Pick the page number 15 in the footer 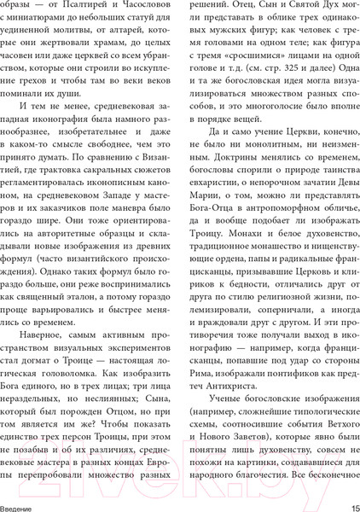click(x=346, y=504)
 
